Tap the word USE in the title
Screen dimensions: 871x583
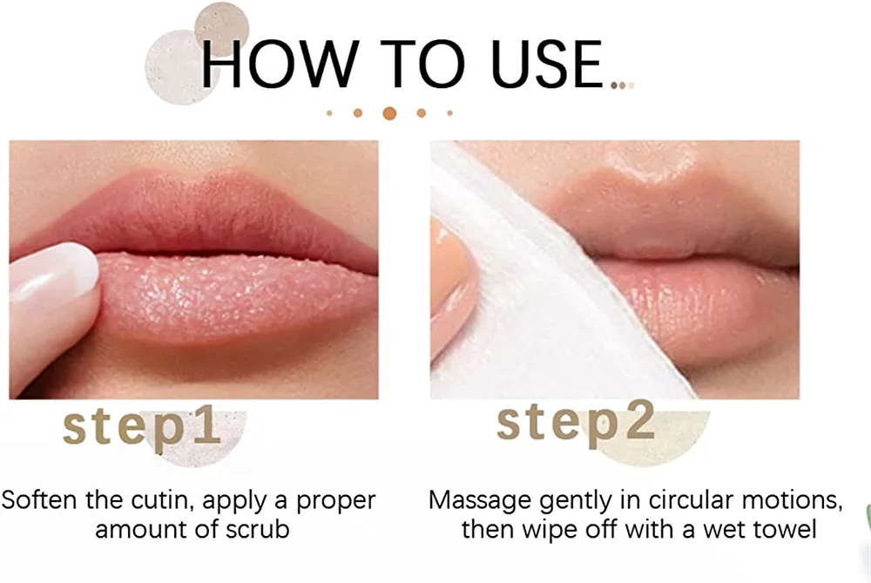pyautogui.click(x=547, y=64)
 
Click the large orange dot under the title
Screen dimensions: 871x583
pyautogui.click(x=390, y=112)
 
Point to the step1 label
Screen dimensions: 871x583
pyautogui.click(x=142, y=429)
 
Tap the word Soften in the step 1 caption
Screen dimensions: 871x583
pyautogui.click(x=39, y=499)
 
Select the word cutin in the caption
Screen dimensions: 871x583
pyautogui.click(x=162, y=500)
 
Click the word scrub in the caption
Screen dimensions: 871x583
pyautogui.click(x=257, y=529)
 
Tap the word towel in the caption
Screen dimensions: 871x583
pyautogui.click(x=787, y=529)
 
